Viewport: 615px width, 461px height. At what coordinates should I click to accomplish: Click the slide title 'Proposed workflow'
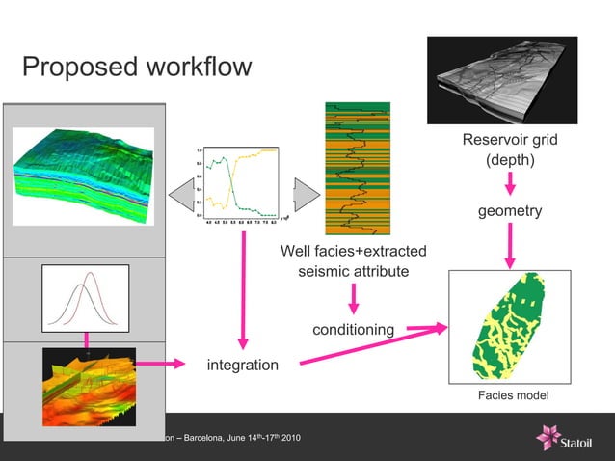point(136,68)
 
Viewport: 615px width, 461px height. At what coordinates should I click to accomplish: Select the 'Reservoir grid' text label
point(510,141)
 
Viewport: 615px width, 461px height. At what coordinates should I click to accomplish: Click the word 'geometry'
point(510,211)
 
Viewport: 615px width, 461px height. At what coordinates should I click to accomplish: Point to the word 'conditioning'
point(353,330)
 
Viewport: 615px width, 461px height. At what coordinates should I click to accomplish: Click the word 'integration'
point(243,365)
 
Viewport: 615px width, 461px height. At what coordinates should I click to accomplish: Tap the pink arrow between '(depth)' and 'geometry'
point(510,183)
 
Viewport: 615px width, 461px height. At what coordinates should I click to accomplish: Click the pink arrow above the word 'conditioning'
point(353,299)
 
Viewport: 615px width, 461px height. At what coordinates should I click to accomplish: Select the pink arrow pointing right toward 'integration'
point(161,365)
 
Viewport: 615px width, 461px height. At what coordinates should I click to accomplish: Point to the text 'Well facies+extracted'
point(353,252)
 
